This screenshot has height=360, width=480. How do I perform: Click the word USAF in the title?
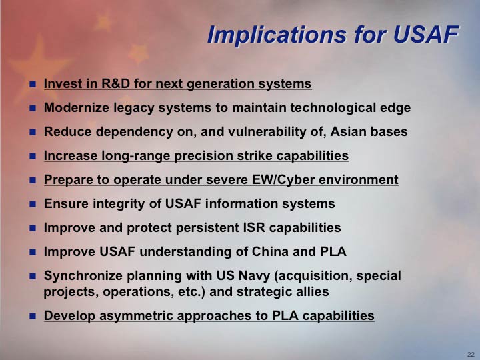[x=426, y=34]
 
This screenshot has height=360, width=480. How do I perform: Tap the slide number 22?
[x=471, y=354]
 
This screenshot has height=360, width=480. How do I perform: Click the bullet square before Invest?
[x=33, y=84]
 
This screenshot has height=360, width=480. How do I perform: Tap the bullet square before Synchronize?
[x=33, y=276]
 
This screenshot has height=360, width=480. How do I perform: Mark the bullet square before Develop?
[x=33, y=316]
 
